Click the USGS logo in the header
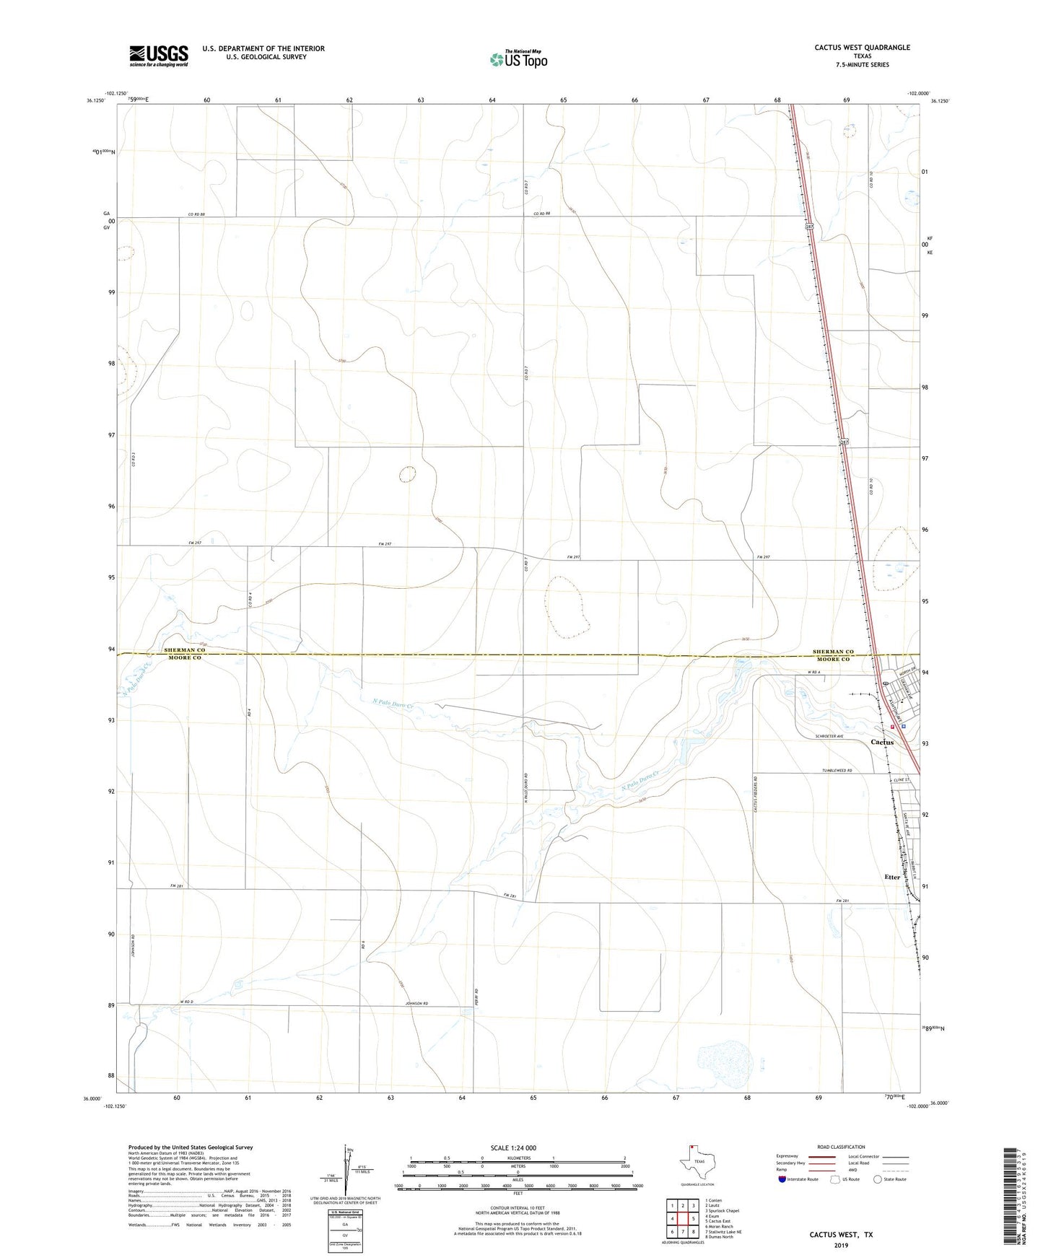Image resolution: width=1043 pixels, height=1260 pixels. click(x=159, y=56)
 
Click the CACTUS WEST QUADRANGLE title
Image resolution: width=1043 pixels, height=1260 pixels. click(x=862, y=48)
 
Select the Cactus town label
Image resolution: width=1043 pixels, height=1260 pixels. click(x=881, y=742)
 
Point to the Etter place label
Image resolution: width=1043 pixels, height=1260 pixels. click(x=892, y=878)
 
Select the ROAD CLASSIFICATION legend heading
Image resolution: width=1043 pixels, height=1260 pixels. click(x=841, y=1147)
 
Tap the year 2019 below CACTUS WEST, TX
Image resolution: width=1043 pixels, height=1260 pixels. click(x=841, y=1245)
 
